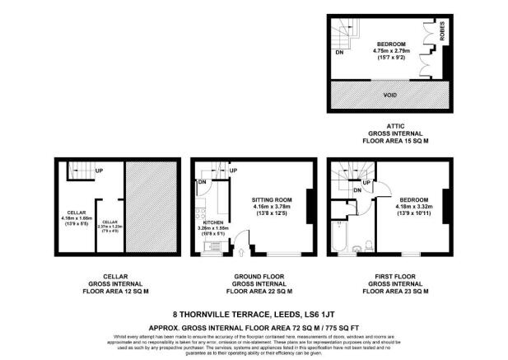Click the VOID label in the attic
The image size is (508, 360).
(x=390, y=92)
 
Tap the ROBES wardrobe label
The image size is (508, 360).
(x=442, y=32)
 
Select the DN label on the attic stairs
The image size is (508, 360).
(x=339, y=53)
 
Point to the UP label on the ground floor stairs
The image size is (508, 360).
(x=233, y=171)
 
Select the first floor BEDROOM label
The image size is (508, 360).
(x=413, y=200)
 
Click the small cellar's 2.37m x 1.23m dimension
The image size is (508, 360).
(x=109, y=227)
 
